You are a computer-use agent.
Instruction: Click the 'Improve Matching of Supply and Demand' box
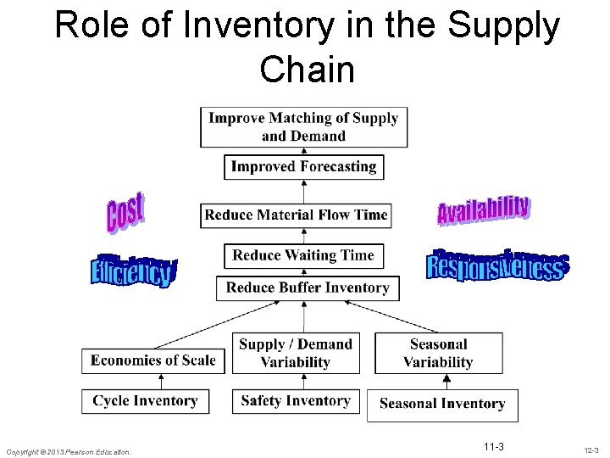(303, 126)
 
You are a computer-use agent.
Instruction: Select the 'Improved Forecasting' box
(303, 166)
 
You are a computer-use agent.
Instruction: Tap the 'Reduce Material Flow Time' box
(296, 215)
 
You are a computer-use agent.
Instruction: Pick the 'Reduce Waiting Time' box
(303, 255)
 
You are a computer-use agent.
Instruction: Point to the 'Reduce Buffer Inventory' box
(308, 288)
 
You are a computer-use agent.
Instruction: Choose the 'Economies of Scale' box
(153, 360)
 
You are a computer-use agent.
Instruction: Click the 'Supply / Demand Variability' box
(295, 353)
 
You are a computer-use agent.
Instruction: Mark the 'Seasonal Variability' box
(438, 353)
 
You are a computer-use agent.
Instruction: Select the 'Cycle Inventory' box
(145, 400)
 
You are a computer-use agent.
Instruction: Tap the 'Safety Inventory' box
(295, 400)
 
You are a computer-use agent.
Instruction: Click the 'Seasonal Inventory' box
(442, 404)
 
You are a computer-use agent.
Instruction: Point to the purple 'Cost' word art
(125, 212)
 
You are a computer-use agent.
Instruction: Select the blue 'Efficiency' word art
(133, 271)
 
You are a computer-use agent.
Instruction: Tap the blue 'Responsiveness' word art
(497, 265)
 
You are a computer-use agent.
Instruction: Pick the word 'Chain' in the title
(308, 70)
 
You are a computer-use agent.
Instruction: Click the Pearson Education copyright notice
(69, 452)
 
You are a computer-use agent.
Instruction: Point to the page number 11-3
(493, 447)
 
